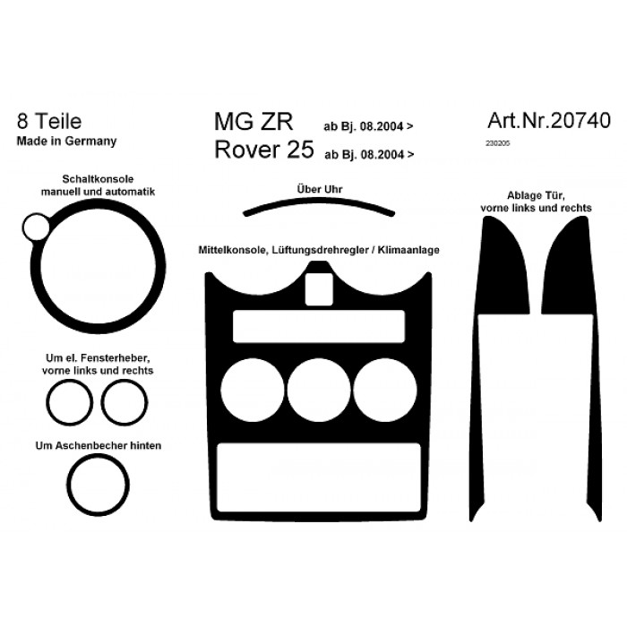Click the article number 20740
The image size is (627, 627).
click(580, 120)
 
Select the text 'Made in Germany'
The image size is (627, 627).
click(66, 142)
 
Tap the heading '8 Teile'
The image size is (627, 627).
click(49, 121)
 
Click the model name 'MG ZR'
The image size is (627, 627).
click(253, 122)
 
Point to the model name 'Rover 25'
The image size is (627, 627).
click(264, 150)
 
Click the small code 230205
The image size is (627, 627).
click(498, 143)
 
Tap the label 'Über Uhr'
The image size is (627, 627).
click(320, 189)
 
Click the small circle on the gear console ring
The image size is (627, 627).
click(36, 227)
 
